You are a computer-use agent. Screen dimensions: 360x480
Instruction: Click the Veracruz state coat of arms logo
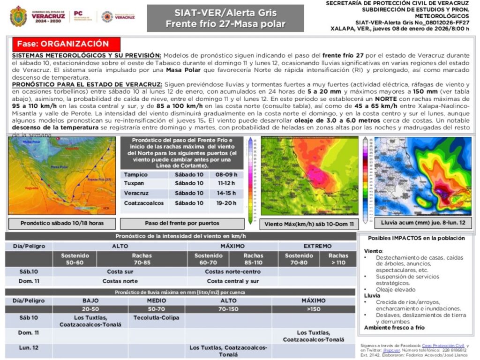tap(18, 16)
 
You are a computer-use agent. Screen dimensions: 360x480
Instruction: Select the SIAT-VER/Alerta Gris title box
tap(225, 18)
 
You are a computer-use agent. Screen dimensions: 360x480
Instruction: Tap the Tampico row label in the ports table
tap(135, 174)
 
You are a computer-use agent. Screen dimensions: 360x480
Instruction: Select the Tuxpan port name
tap(134, 183)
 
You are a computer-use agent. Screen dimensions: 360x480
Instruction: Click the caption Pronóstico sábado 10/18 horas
tap(62, 223)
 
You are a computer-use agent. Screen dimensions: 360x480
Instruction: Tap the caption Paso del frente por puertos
tap(182, 223)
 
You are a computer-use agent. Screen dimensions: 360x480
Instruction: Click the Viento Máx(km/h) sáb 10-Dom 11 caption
tap(309, 224)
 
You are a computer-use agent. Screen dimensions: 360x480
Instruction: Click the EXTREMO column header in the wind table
tap(317, 246)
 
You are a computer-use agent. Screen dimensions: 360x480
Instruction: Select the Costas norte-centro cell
tap(232, 271)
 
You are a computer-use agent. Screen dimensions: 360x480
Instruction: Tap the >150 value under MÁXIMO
tap(314, 309)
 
